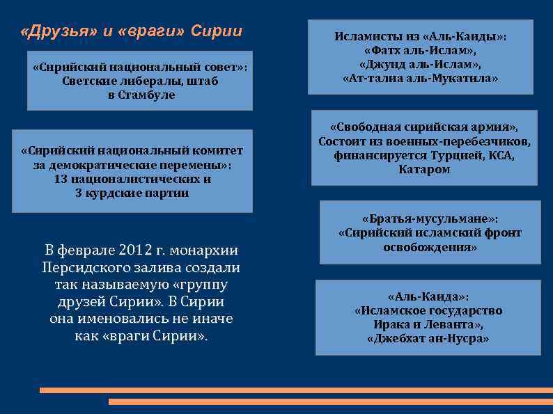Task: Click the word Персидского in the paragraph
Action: coord(81,268)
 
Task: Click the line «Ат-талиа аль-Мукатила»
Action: coord(421,79)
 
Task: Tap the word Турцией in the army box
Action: coord(451,156)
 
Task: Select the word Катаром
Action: coord(424,170)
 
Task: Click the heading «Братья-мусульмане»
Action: coord(429,218)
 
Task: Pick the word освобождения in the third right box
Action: coord(430,247)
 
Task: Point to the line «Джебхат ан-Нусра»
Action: coord(428,339)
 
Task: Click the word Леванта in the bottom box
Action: coord(453,325)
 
